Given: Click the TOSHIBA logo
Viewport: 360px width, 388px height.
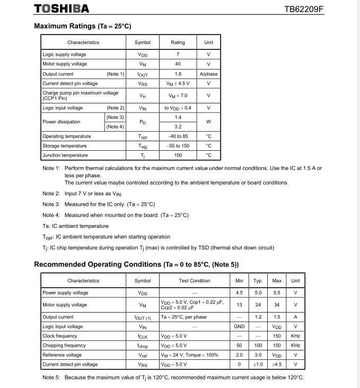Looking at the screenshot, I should click(x=62, y=8).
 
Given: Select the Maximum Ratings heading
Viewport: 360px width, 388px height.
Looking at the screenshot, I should click(x=82, y=26).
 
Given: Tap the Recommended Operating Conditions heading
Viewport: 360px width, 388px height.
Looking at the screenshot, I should click(x=136, y=264).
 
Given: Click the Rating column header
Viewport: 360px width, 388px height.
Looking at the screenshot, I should click(x=178, y=42).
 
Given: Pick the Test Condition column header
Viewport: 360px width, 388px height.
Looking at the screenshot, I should click(x=195, y=281).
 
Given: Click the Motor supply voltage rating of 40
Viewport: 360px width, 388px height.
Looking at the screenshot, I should click(x=178, y=64).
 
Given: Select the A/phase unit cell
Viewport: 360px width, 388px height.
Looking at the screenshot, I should click(x=208, y=74).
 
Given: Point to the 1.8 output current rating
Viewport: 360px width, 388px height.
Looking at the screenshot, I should click(x=178, y=74).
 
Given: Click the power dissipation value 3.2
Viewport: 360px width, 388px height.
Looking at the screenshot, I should click(x=178, y=127).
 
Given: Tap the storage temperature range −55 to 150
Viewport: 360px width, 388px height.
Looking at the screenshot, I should click(x=178, y=146).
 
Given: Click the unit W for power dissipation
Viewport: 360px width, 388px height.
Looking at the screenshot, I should click(x=208, y=122).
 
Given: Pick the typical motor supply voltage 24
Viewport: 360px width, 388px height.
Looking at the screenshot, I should click(x=258, y=305).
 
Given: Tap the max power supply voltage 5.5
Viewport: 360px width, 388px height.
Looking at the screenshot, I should click(x=277, y=293).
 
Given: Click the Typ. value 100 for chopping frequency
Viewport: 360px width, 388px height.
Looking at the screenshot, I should click(x=258, y=346).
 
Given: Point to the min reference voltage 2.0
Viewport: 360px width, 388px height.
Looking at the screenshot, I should click(x=239, y=355).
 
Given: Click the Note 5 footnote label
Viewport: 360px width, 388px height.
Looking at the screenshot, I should click(x=51, y=377).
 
